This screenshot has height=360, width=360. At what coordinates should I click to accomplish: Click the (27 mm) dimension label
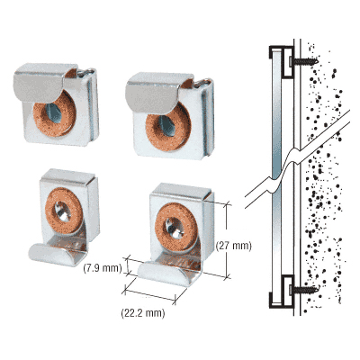234,246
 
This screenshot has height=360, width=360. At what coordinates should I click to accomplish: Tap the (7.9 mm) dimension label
103,268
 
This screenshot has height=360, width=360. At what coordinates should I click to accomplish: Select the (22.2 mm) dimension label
143,313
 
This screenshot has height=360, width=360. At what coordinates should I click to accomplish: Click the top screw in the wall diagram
303,61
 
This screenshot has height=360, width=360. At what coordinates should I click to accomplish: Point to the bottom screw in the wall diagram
303,290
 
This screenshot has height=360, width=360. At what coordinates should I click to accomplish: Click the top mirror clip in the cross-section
281,61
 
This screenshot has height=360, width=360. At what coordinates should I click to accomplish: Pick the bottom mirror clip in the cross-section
281,291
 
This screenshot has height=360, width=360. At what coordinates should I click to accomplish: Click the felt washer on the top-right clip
168,126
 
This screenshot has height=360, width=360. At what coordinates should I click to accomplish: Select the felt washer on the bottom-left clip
64,211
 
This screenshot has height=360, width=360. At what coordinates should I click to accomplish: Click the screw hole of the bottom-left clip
64,211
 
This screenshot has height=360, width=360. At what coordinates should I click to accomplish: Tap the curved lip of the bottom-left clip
53,255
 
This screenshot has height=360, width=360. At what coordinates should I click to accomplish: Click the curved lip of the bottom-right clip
164,274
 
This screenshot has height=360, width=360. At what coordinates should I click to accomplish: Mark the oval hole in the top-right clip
167,126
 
